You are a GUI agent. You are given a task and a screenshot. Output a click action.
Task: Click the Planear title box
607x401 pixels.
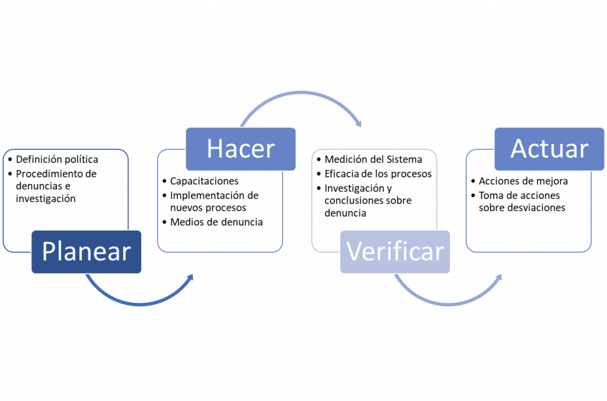pos(87,252)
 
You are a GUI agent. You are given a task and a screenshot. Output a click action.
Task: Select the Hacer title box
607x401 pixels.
pos(241,149)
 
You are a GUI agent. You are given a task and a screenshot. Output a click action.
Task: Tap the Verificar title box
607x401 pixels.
pos(395,252)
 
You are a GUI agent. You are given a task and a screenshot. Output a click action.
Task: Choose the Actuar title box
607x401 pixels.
pos(550,149)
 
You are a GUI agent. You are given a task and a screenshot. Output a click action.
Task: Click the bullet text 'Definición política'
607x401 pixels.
pos(57,160)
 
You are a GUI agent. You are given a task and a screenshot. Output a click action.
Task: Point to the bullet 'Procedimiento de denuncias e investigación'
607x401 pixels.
pos(56,186)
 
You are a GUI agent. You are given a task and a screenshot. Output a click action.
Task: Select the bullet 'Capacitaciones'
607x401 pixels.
pos(204,181)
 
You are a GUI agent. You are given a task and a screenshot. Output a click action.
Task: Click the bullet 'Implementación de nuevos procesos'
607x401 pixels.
pos(214,201)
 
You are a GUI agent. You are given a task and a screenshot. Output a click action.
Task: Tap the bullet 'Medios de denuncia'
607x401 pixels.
pos(216,222)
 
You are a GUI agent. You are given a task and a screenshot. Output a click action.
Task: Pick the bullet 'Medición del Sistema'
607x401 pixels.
pos(373,159)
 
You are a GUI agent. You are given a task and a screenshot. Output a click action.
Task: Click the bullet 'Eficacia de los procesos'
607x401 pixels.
pos(378,174)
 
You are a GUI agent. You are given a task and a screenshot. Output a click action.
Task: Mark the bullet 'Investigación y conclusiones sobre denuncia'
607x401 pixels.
pos(368,200)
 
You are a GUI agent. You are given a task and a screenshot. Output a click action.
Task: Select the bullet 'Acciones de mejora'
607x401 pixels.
pos(523,181)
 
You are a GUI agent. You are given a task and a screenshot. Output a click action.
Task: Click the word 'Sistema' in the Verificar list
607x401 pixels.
pos(405,159)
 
